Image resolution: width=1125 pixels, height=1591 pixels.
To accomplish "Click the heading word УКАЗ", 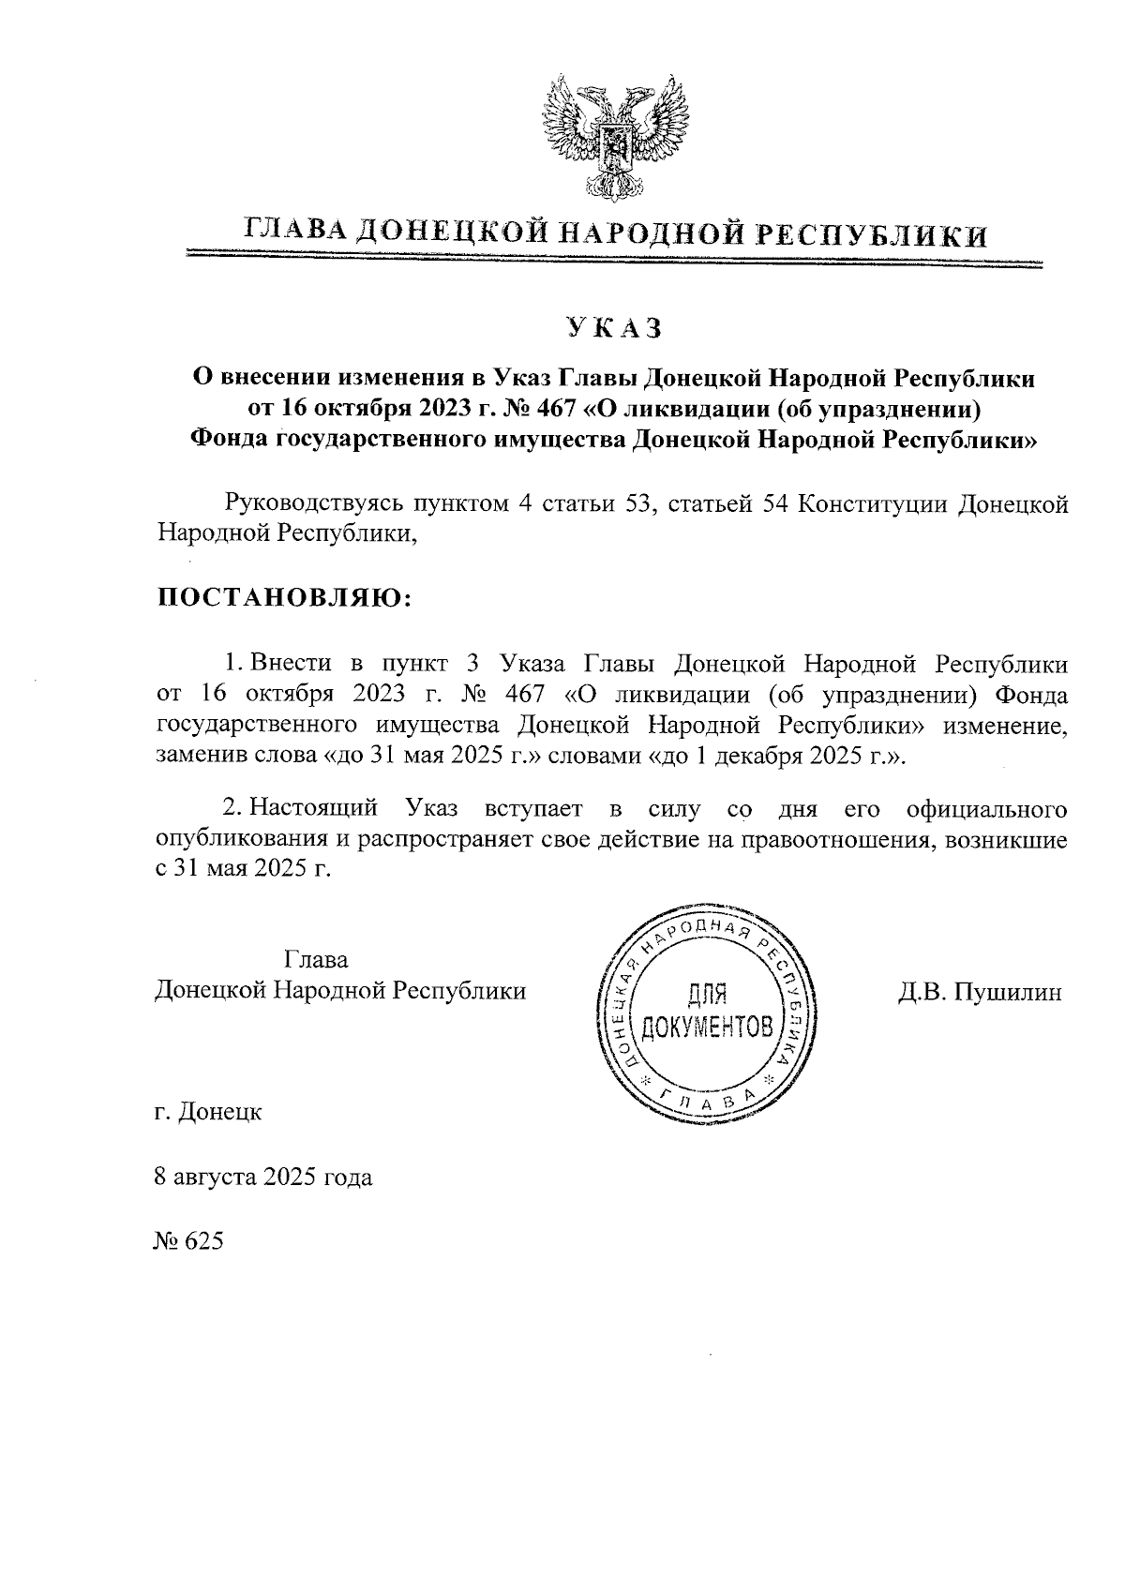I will click(x=614, y=327).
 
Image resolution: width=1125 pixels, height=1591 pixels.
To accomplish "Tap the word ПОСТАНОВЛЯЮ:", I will click(x=283, y=598).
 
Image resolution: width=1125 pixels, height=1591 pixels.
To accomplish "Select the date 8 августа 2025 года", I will click(x=262, y=1177).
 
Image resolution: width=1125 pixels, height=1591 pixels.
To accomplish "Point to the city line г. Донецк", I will click(x=208, y=1113).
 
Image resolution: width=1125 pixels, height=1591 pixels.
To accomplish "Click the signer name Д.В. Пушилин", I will click(x=980, y=991).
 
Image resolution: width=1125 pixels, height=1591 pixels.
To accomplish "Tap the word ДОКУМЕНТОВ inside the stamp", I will click(x=709, y=1027).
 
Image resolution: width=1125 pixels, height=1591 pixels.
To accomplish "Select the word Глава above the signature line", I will click(x=315, y=959).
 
